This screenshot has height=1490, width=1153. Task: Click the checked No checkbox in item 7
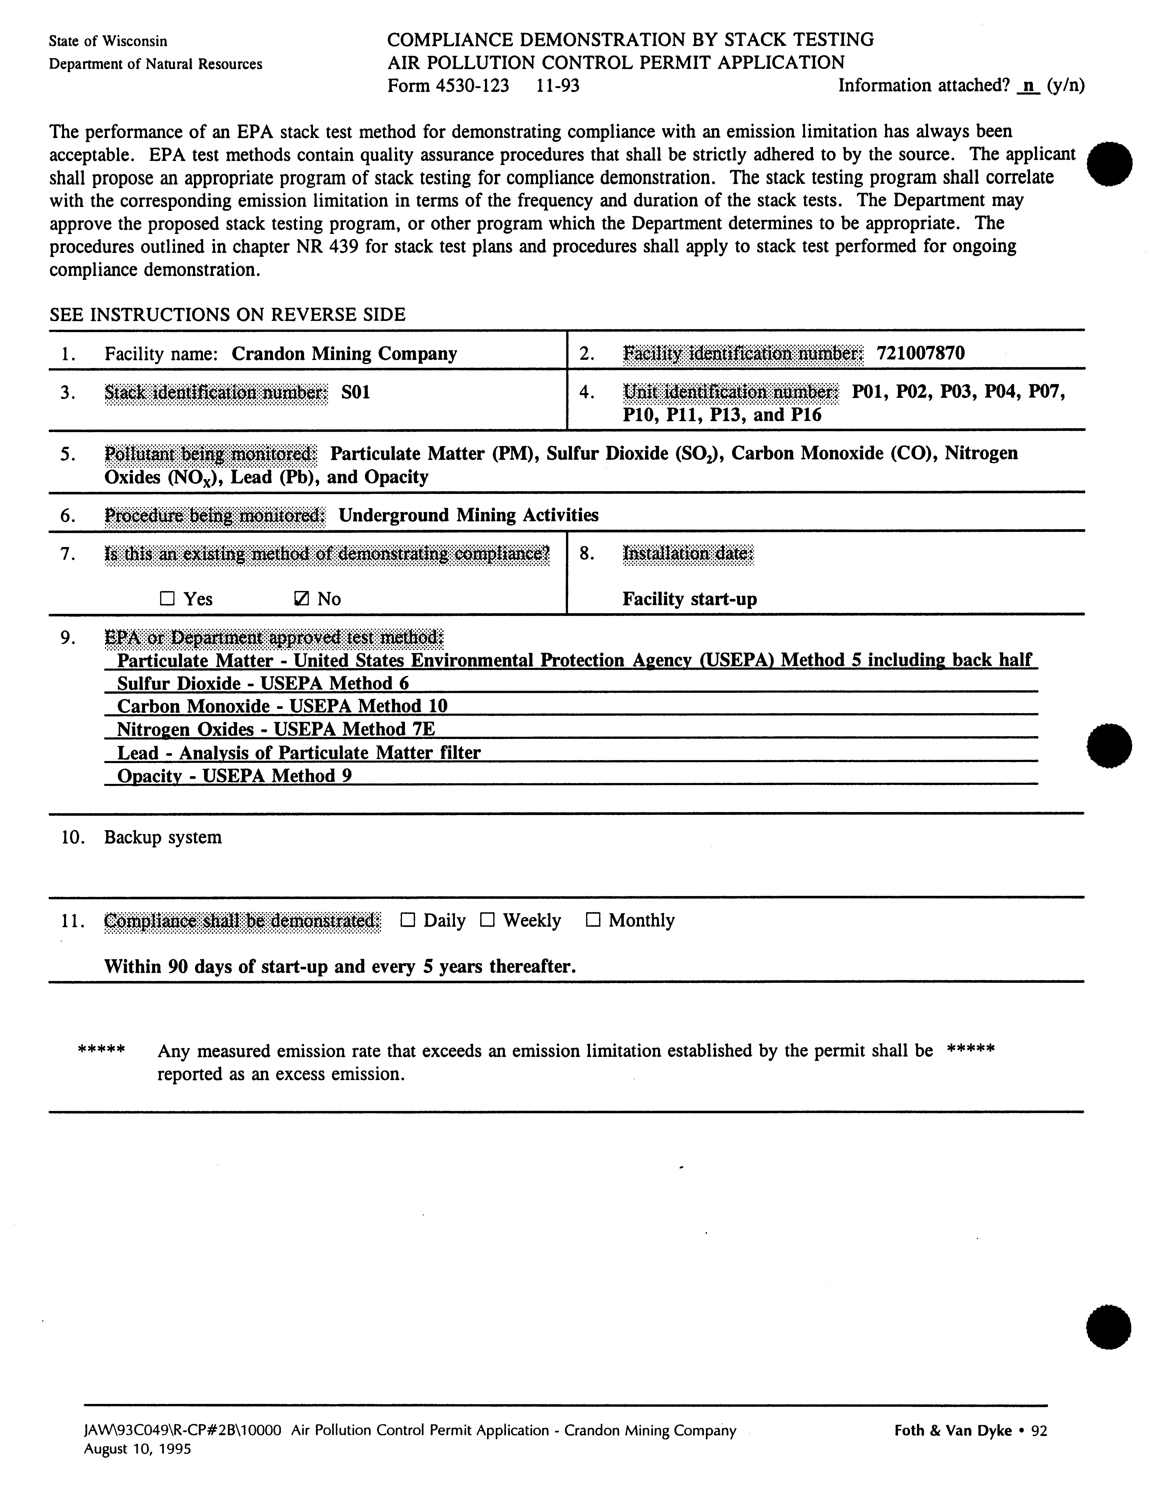(300, 598)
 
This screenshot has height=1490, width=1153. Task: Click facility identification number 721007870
(921, 353)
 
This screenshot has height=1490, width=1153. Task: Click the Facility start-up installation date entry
(689, 599)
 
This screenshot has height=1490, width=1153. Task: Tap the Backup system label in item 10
(163, 837)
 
